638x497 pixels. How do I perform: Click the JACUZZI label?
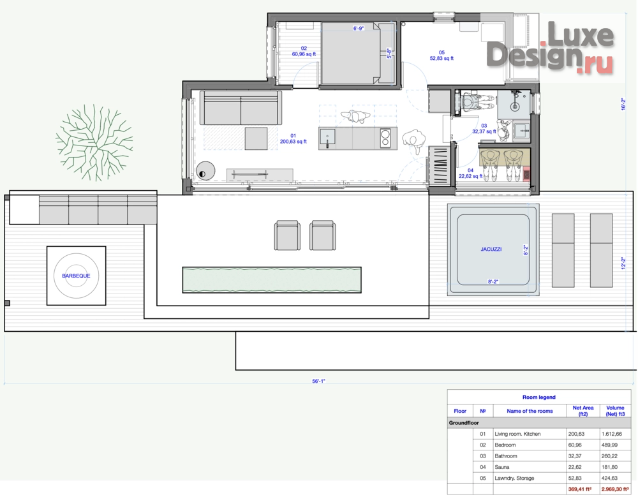491,249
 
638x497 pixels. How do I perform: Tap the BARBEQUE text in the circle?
76,276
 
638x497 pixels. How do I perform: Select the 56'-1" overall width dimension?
318,382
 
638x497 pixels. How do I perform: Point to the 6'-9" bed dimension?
358,29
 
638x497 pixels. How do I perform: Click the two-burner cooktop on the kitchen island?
385,138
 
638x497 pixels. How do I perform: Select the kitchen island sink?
327,138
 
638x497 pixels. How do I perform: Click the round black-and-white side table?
205,171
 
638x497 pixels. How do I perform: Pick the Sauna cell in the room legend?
501,467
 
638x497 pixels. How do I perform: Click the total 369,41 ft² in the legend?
580,489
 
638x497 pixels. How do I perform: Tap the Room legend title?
538,397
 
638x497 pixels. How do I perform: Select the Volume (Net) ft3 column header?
615,411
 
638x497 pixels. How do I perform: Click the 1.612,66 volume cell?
612,434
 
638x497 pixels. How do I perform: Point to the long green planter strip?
271,279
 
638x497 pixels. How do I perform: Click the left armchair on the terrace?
287,235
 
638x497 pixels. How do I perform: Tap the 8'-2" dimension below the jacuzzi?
493,281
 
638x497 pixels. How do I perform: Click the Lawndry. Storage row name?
514,478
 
